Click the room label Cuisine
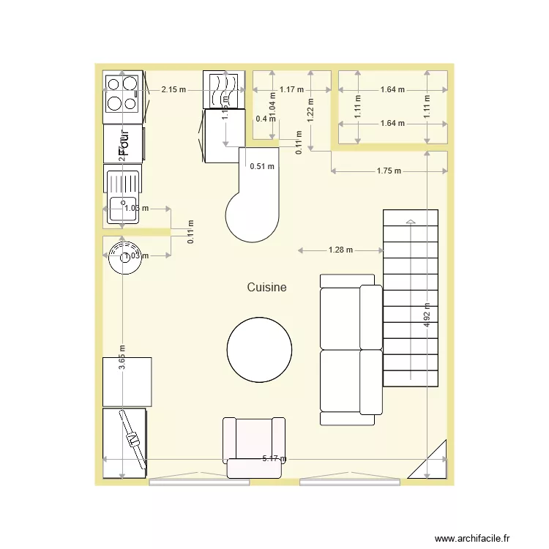tap(266, 288)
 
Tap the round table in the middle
tap(260, 348)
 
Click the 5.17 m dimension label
tap(274, 460)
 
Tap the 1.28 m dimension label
tap(340, 250)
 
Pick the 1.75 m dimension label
tap(389, 171)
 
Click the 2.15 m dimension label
tap(173, 89)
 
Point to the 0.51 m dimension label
tap(262, 166)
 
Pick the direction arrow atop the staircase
tap(411, 220)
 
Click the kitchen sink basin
tap(123, 209)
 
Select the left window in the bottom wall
tap(199, 482)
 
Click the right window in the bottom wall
tap(350, 482)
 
